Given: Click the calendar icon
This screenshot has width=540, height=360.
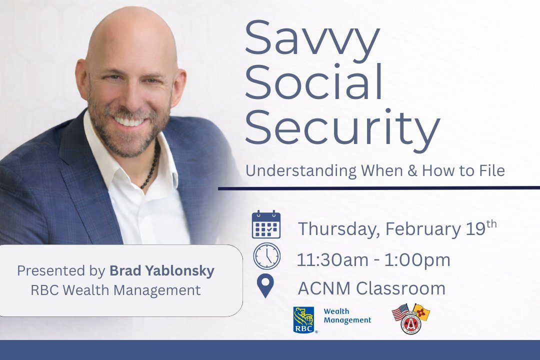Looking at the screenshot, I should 266,224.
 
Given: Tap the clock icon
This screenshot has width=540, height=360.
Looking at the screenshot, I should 266,256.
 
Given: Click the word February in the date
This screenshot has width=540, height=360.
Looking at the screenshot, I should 421,229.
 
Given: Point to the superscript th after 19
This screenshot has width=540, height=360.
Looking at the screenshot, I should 491,223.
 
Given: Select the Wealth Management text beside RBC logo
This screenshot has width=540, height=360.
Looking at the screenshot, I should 347,316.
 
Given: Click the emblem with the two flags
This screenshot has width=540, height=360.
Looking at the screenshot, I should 411,318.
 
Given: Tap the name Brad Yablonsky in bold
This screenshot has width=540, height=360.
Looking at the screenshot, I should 161,271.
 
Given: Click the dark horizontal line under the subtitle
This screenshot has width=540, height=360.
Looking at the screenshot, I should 379,188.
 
